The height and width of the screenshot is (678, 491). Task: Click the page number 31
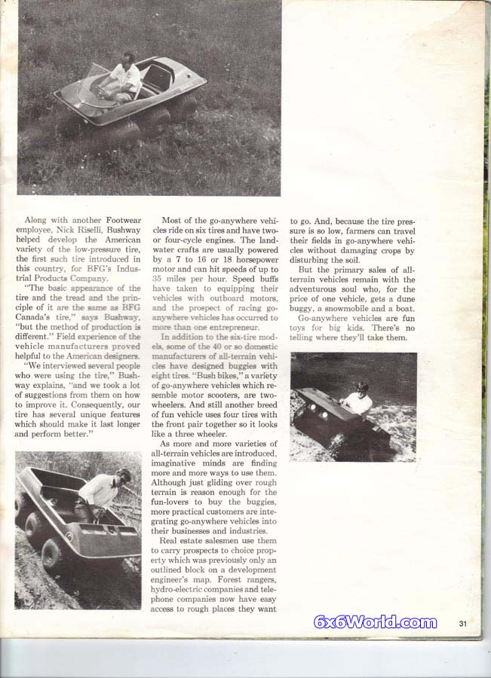[x=463, y=622]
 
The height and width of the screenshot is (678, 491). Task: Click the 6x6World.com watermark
[x=376, y=622]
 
